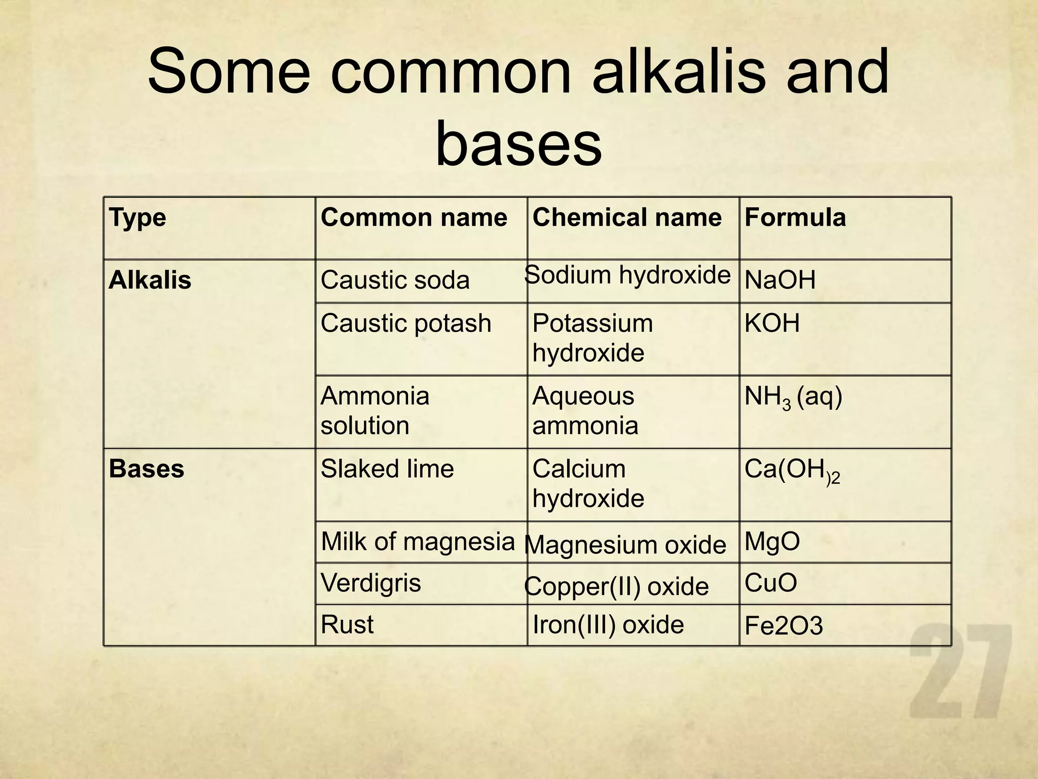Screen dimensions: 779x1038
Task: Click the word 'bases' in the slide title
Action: tap(518, 145)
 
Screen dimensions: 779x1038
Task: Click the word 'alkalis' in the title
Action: tap(679, 72)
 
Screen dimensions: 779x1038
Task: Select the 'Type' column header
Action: tap(137, 218)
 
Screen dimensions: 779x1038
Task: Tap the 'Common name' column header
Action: tap(414, 218)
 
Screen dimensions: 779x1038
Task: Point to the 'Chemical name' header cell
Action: tap(626, 218)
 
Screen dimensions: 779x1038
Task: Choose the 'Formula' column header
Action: tap(795, 218)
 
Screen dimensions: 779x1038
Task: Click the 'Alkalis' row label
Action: tap(150, 280)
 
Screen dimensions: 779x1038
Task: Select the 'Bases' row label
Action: tap(146, 469)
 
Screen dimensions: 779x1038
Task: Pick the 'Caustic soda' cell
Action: tap(395, 280)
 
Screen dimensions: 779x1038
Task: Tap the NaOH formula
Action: tap(780, 280)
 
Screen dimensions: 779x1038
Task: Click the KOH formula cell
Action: tap(772, 323)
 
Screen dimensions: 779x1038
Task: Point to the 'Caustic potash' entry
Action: tap(405, 323)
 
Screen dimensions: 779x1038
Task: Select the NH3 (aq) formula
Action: tap(793, 397)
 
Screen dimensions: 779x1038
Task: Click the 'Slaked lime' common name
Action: tap(387, 469)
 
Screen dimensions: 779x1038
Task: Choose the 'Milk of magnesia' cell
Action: tap(418, 541)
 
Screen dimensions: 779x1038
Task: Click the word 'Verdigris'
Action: tap(370, 583)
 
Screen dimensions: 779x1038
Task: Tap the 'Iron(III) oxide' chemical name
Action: tap(608, 624)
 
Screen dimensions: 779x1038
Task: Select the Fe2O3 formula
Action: tap(783, 626)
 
